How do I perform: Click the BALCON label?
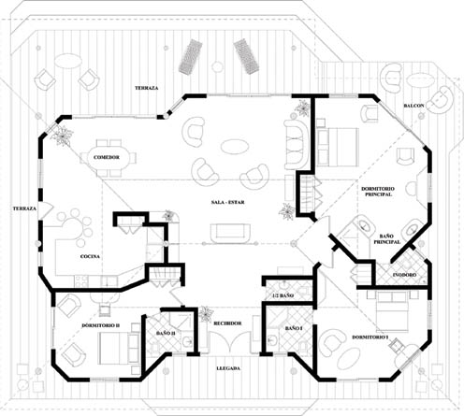pyautogui.click(x=413, y=106)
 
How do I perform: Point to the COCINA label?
pyautogui.click(x=91, y=255)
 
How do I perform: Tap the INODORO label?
pyautogui.click(x=404, y=275)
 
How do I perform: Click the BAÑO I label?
pyautogui.click(x=294, y=329)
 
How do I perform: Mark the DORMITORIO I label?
pyautogui.click(x=370, y=337)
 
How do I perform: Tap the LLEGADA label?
pyautogui.click(x=227, y=367)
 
